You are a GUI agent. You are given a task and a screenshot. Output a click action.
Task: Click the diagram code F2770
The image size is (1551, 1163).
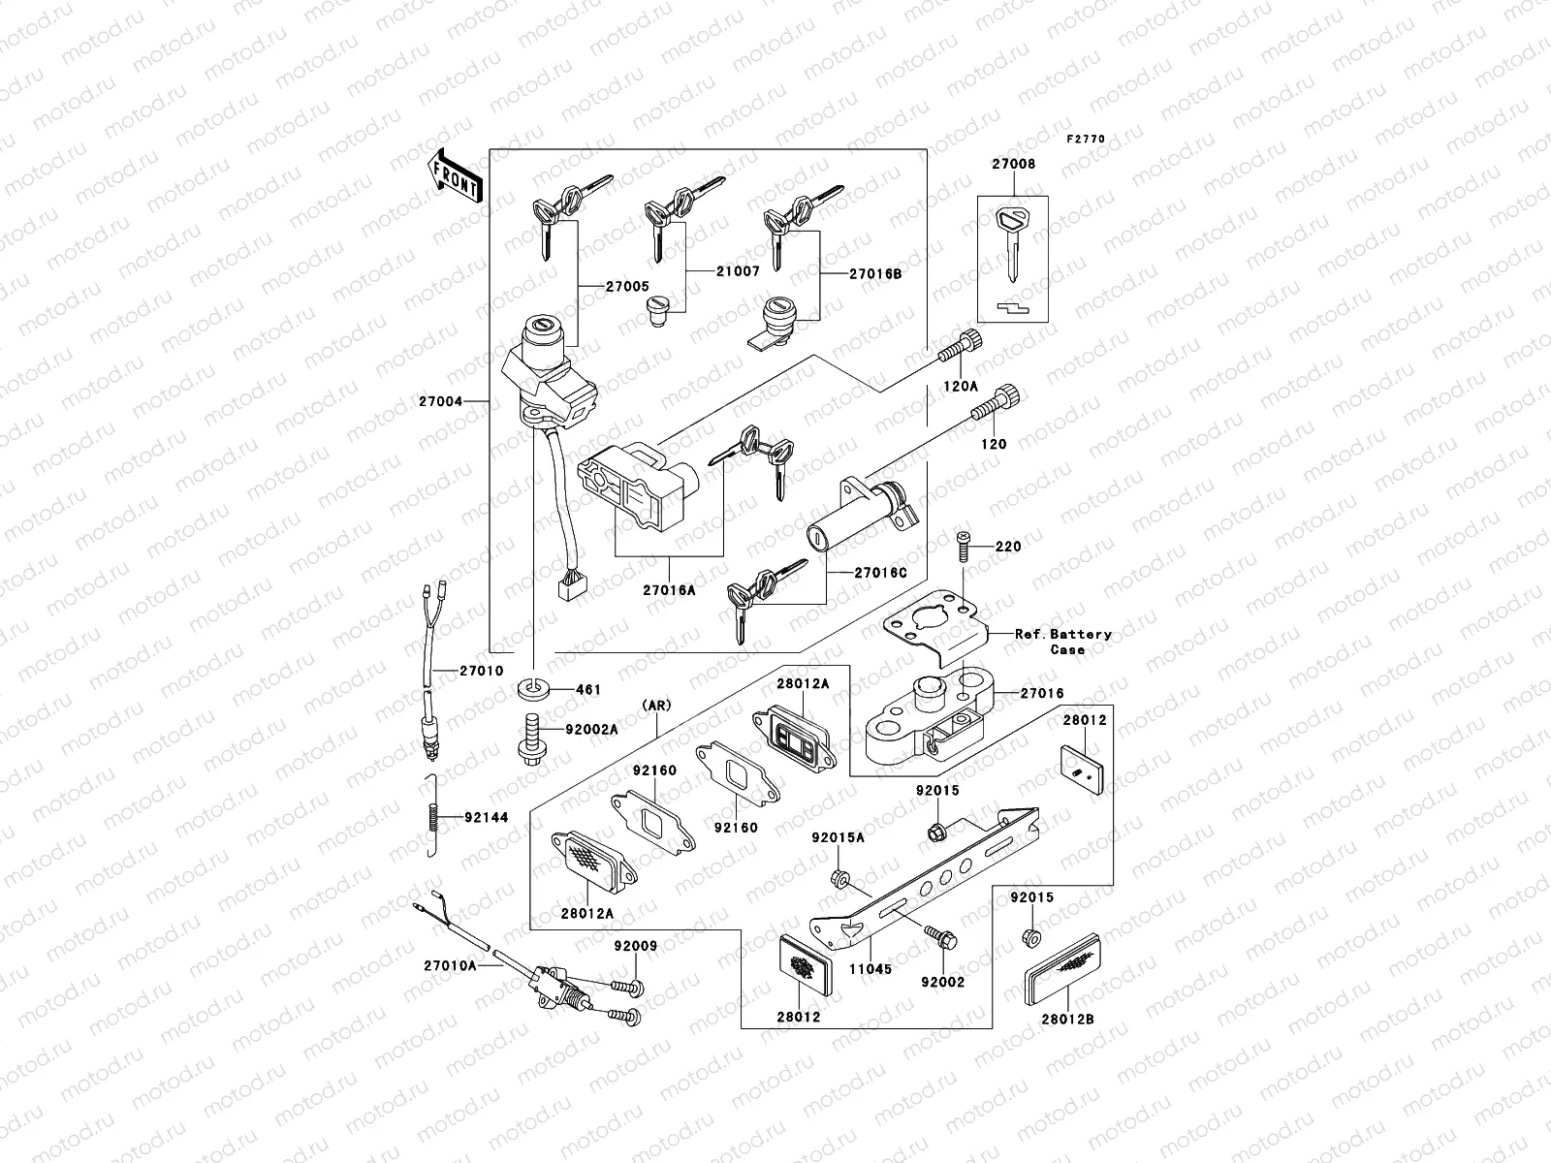[1086, 140]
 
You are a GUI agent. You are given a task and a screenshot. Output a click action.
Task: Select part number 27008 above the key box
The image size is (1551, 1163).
[1013, 165]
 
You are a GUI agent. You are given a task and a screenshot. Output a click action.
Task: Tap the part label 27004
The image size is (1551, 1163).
[441, 401]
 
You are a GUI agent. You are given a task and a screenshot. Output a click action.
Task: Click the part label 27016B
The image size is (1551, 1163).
[875, 274]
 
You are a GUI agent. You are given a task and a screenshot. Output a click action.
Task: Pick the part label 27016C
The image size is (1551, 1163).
[880, 573]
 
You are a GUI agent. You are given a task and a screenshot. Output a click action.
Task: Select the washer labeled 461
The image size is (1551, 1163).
[533, 689]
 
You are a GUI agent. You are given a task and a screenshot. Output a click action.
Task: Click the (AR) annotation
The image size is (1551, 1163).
[656, 706]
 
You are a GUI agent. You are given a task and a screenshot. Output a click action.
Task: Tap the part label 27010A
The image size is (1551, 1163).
[449, 965]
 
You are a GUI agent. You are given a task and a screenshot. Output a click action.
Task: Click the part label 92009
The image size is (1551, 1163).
[635, 946]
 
